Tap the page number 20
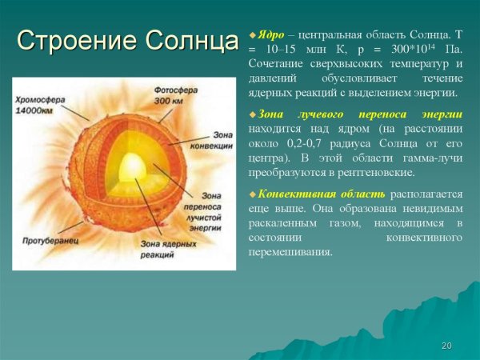coord(446,345)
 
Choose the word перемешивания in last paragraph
coord(290,251)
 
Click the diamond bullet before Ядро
coord(252,36)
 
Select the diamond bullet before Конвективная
coord(252,194)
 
